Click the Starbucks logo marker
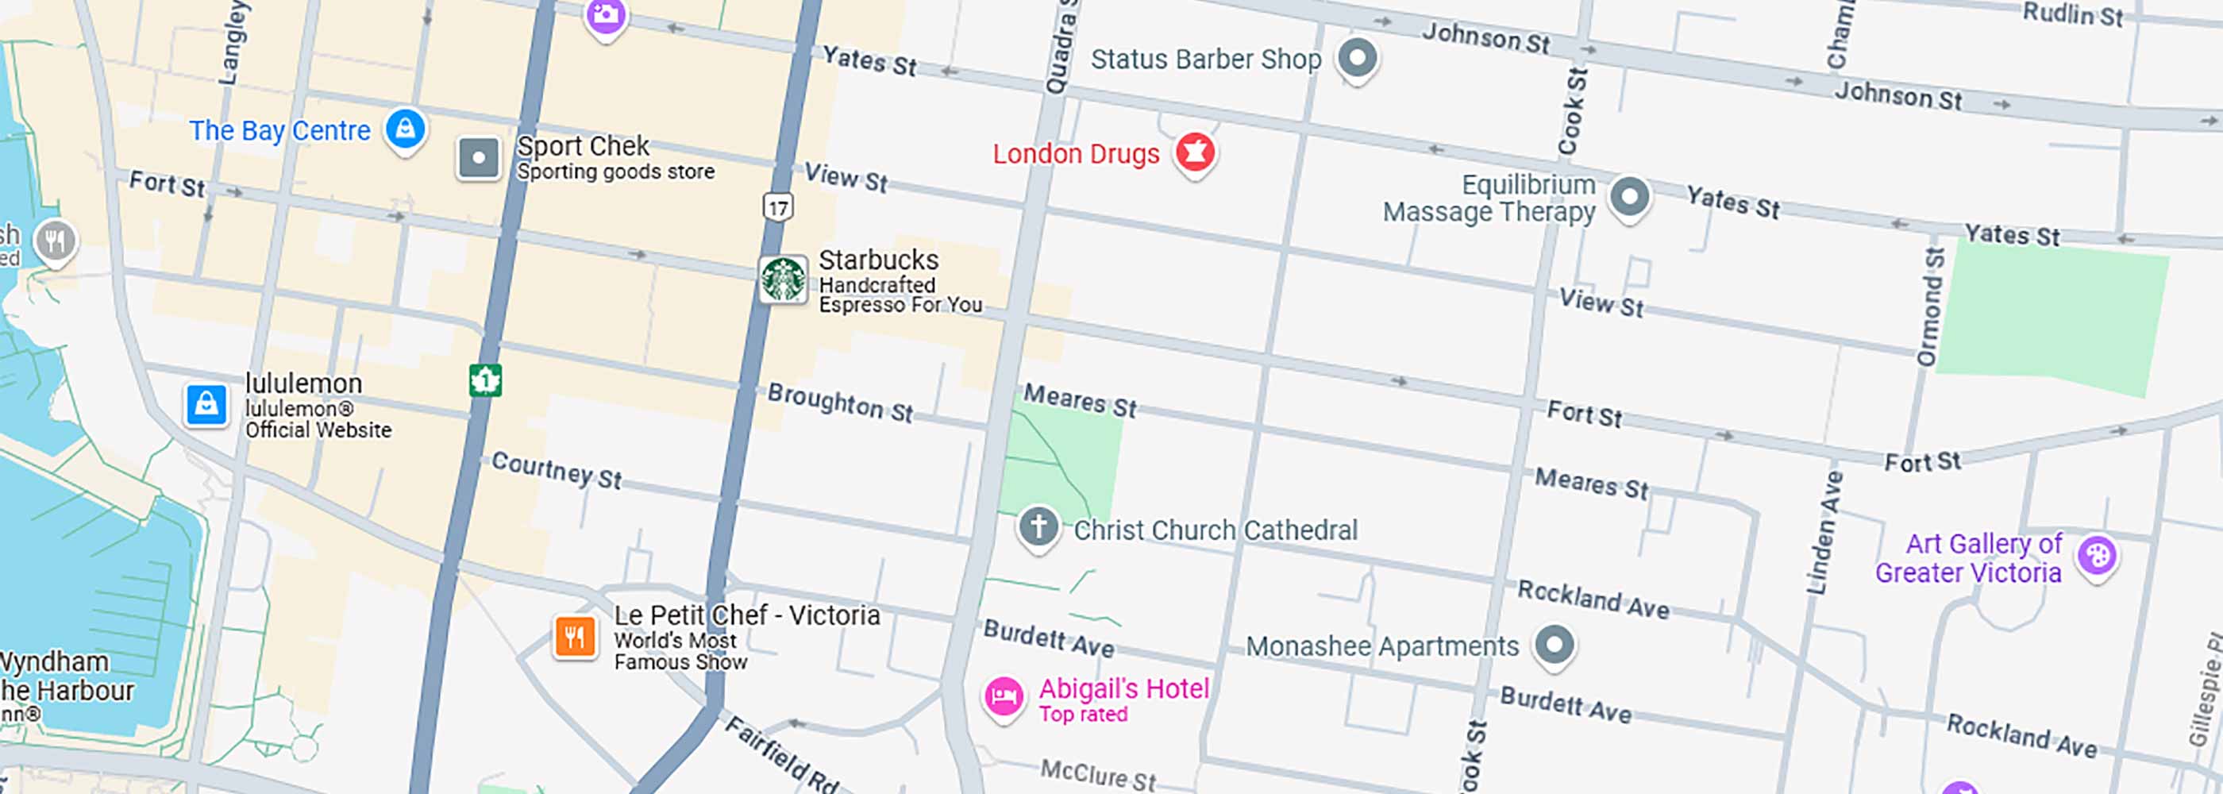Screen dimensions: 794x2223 coord(783,279)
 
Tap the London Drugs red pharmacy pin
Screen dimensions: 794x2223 coord(1195,152)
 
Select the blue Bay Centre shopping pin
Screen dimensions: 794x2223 coord(405,129)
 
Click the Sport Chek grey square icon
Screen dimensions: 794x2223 coord(478,159)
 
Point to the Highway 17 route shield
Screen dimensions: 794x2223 coord(777,207)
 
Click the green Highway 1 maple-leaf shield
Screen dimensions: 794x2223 coord(485,380)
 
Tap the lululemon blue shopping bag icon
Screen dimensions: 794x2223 coord(206,404)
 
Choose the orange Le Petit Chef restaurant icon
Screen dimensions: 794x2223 coord(575,638)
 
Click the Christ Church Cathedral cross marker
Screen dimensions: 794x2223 coord(1038,526)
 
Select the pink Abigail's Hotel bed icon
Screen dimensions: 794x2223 coord(1004,696)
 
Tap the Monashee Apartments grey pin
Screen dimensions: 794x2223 coord(1555,645)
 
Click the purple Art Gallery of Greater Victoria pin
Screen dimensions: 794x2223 coord(2096,555)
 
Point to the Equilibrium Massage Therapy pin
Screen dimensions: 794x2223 coord(1629,197)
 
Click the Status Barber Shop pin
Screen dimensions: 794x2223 coord(1357,59)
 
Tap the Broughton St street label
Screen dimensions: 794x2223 coord(840,403)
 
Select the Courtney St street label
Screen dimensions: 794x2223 coord(557,470)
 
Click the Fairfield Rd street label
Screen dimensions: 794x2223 coord(781,755)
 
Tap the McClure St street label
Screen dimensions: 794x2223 coord(1098,774)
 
